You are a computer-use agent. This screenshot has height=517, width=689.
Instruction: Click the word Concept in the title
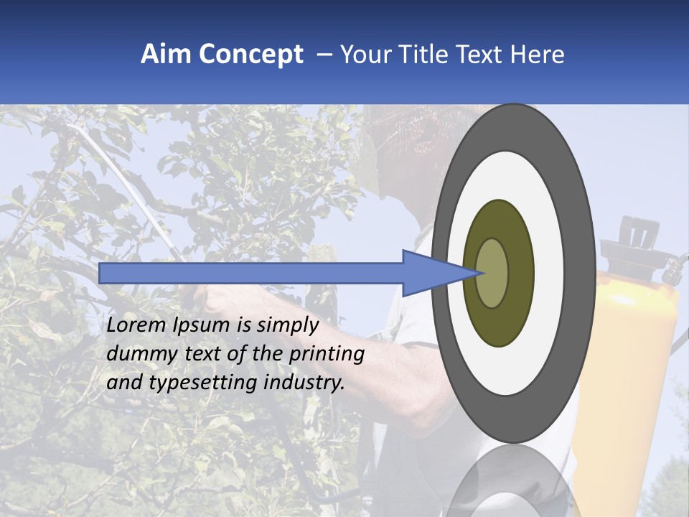[250, 55]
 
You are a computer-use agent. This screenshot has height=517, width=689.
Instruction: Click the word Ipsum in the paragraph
[200, 326]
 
